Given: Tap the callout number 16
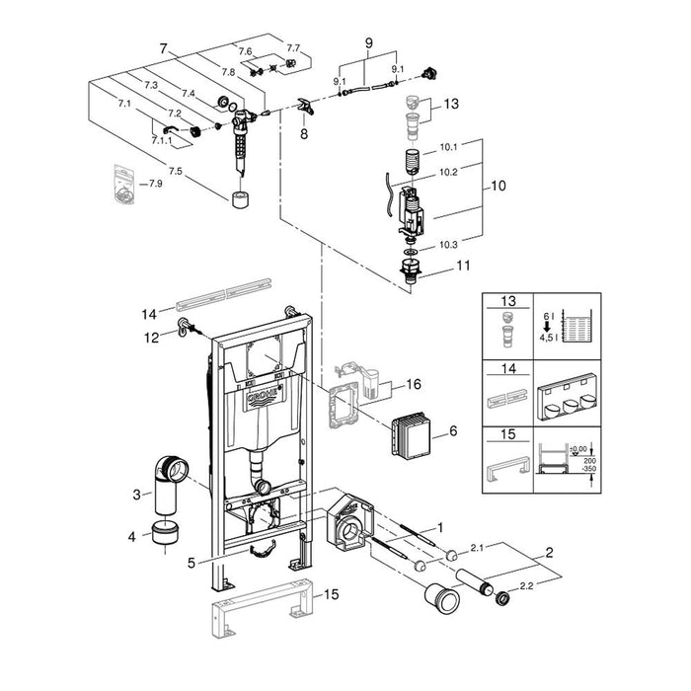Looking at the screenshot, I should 414,383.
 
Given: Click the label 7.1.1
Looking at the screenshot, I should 161,141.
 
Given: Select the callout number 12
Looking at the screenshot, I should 152,336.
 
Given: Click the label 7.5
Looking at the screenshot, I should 176,171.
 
